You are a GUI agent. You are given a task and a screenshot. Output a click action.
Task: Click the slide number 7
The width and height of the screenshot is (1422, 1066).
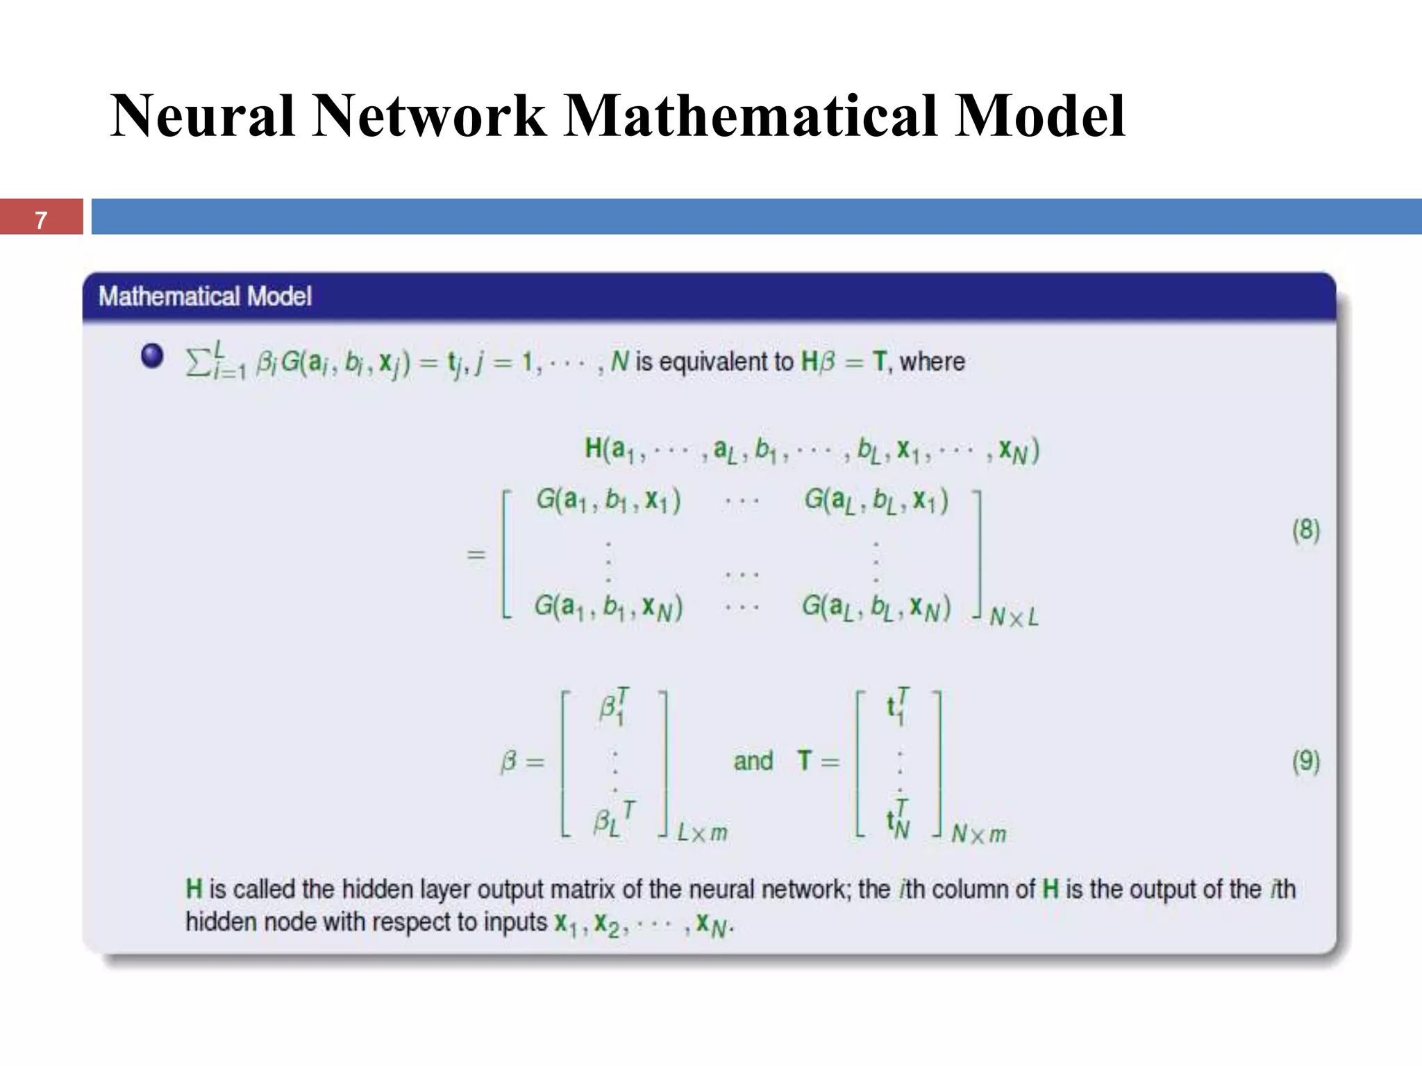point(41,220)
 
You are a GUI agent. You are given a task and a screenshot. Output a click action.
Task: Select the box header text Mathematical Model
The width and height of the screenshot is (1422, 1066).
point(205,296)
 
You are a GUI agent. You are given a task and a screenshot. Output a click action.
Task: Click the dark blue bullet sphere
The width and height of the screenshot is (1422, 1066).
point(152,355)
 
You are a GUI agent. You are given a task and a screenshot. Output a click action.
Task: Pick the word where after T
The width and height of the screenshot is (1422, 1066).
point(932,362)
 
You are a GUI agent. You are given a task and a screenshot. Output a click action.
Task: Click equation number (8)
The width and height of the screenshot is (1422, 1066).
point(1305,530)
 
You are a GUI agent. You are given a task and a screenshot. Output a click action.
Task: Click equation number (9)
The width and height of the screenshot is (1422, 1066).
point(1305,761)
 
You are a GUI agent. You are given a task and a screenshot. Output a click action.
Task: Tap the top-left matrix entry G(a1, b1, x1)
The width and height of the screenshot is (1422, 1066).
point(608,500)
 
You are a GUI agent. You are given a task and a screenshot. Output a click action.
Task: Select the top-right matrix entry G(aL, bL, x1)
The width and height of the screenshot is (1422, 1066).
point(876,500)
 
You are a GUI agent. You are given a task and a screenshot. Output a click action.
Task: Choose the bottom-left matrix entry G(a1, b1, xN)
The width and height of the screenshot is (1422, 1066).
point(608,608)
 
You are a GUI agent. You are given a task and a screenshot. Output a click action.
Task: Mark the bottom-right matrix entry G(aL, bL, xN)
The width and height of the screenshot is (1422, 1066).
point(876,608)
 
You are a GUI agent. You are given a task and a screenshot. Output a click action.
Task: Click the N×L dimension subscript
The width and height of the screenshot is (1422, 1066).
point(1014,617)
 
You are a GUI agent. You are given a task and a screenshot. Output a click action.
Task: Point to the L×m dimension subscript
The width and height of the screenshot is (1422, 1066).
point(703,832)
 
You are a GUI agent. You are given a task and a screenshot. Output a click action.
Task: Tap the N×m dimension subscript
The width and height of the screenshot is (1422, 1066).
point(978,834)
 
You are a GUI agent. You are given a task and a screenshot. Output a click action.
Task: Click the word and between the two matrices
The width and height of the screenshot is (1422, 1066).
point(753,761)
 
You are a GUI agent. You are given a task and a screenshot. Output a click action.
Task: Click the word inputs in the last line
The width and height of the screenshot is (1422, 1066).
point(515,922)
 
